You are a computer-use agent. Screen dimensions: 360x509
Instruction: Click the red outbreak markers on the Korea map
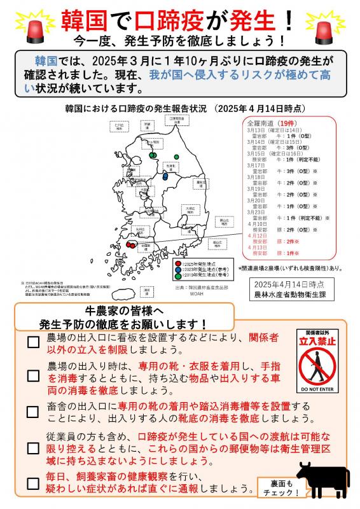131,244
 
